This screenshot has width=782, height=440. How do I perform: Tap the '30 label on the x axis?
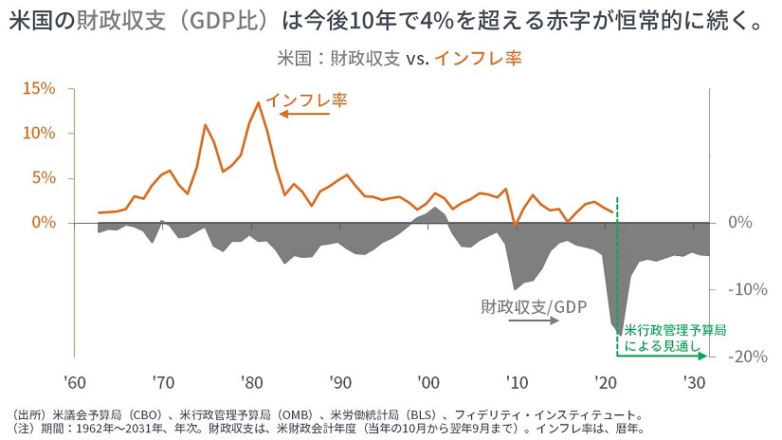694,383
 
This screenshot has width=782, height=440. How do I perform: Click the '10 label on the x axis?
517,383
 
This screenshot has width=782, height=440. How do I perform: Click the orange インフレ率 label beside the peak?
306,100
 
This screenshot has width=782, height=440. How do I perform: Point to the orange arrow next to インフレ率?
304,115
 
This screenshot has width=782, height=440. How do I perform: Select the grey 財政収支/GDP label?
534,306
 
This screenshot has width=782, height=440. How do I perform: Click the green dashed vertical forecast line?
617,266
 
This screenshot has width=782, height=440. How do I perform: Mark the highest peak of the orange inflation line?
258,102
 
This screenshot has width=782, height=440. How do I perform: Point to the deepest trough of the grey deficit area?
620,334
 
